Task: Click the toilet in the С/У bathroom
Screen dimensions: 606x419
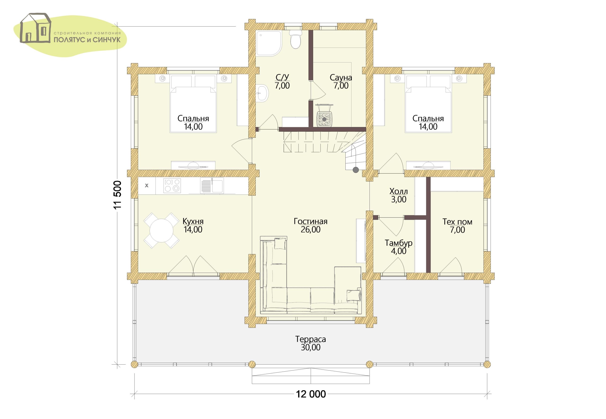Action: point(295,40)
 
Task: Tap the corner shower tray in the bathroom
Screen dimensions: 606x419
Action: point(269,44)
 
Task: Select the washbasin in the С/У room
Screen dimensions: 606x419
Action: point(263,93)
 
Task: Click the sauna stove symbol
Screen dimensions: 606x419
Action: point(324,119)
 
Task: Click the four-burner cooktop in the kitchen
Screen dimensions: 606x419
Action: point(172,186)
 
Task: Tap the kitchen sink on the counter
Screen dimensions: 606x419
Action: point(212,186)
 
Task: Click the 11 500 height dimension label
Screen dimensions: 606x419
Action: point(118,195)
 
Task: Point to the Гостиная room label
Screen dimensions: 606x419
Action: point(311,221)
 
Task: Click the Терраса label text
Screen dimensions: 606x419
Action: point(311,339)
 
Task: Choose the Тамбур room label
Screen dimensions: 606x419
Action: point(398,243)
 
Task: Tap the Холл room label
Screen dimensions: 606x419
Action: point(398,191)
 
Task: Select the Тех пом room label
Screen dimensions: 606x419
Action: point(457,222)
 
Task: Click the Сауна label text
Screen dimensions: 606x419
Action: point(341,77)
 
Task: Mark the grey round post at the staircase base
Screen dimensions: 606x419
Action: point(356,170)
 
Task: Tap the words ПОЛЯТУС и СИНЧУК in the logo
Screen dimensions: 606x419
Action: point(87,40)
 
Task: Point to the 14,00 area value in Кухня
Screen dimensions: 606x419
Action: point(193,229)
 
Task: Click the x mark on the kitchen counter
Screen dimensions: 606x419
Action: point(147,186)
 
